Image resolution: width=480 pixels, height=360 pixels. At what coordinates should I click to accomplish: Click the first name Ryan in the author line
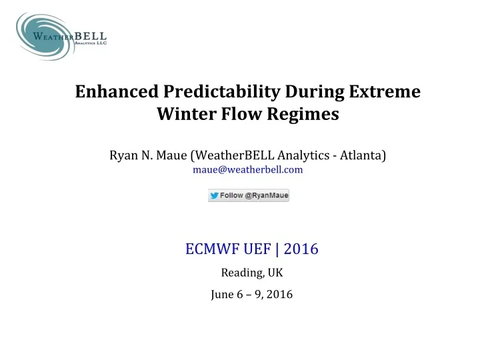[124, 156]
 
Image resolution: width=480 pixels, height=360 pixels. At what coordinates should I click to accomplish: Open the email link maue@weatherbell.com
[248, 170]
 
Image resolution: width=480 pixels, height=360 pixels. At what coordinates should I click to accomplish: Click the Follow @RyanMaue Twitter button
[248, 195]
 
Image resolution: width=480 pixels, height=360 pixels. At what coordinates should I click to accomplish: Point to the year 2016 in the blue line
[302, 249]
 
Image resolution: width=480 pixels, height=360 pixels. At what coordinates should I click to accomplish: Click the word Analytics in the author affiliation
[303, 156]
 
